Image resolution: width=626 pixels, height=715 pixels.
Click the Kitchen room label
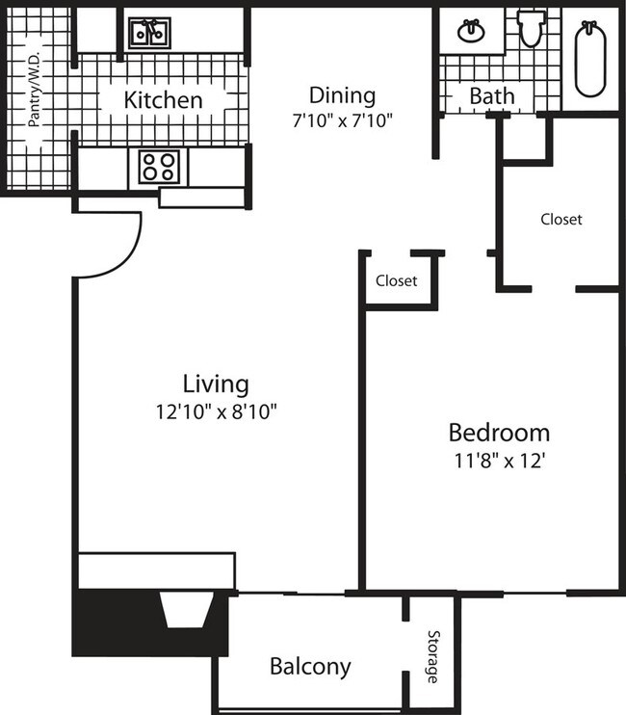pyautogui.click(x=164, y=99)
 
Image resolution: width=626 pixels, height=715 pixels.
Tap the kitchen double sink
pyautogui.click(x=150, y=34)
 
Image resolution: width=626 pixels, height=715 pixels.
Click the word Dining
pyautogui.click(x=341, y=94)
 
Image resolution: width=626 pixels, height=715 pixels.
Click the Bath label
pyautogui.click(x=491, y=96)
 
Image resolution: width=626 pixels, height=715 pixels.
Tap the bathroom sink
pyautogui.click(x=471, y=31)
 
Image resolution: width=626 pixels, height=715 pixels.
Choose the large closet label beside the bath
pyautogui.click(x=561, y=219)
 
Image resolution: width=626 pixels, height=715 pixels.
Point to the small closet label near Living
pyautogui.click(x=397, y=281)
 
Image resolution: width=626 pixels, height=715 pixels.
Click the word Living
pyautogui.click(x=216, y=384)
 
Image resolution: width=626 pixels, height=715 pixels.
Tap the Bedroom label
pyautogui.click(x=499, y=432)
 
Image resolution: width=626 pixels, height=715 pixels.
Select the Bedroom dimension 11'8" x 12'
pyautogui.click(x=499, y=461)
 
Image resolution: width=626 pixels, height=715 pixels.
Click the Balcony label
pyautogui.click(x=310, y=666)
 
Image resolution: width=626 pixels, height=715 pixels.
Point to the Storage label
pyautogui.click(x=433, y=657)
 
